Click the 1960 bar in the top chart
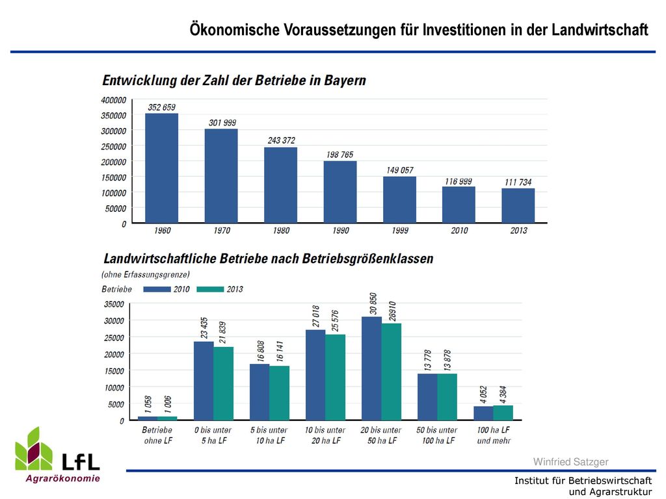coord(162,168)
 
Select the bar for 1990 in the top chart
coord(340,192)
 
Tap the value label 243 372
coord(281,140)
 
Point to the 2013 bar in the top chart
coord(518,205)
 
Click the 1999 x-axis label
coord(400,231)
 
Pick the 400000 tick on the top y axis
coord(113,100)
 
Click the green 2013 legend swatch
coord(210,289)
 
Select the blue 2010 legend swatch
coord(157,289)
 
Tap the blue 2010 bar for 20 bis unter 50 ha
coord(371,368)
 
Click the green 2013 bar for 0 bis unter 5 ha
coord(224,383)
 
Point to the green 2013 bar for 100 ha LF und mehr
coord(503,413)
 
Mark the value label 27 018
coord(316,316)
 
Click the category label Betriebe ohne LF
coord(157,435)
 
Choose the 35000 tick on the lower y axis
coord(114,304)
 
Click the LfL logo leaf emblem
coord(34,449)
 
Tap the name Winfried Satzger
coord(571,462)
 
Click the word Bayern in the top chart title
coord(345,81)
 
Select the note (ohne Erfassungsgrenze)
coord(145,275)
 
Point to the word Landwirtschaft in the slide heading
coord(600,30)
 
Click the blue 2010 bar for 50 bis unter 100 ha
coord(427,397)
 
